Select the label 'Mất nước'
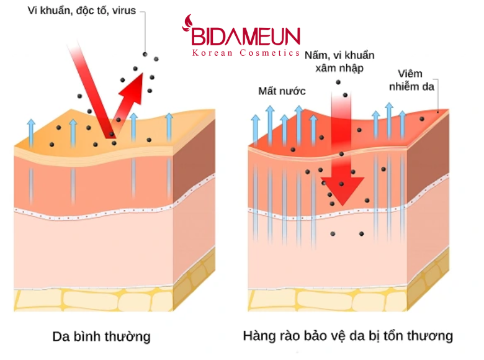coord(282,91)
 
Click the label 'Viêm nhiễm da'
coord(411,79)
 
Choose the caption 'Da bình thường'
coord(101,337)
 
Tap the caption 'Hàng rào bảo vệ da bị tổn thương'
coord(347,337)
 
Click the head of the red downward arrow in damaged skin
coord(341,189)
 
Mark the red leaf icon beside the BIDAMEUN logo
coord(186,25)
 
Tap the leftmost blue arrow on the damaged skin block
coord(255,127)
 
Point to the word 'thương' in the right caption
coord(432,337)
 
